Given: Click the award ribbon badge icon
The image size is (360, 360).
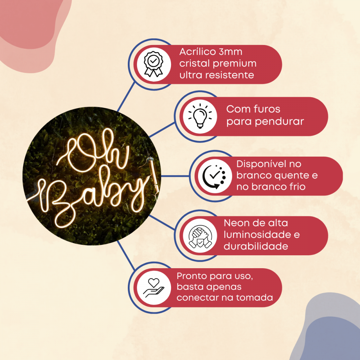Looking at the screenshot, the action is point(154,64).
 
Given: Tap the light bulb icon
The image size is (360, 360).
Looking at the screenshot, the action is point(200,116).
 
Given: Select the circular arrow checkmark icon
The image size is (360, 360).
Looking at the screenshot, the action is point(214,176).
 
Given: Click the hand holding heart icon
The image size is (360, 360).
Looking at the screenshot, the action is point(154,288).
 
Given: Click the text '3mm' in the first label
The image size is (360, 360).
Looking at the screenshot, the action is point(230,52).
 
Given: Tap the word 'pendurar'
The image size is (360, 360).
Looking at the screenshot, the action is point(279,122).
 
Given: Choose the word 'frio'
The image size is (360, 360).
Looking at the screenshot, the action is point(297,186).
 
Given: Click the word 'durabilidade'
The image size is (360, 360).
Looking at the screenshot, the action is point(256,246).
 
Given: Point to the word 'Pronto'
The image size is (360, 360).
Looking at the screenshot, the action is point(191,276).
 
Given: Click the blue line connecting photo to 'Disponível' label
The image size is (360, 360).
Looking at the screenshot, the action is point(175,176).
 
